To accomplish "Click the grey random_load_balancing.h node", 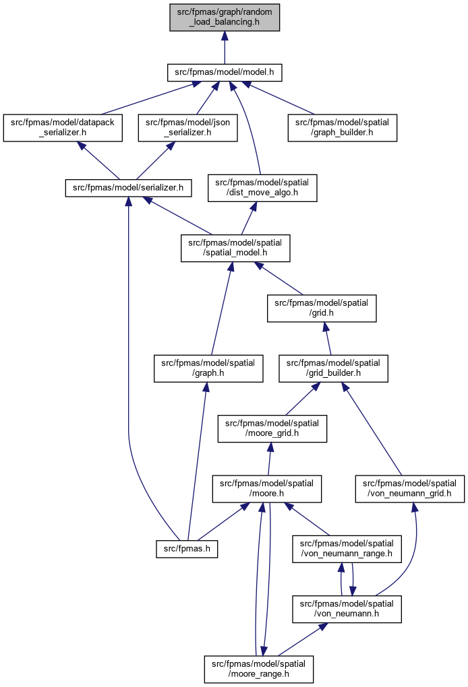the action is tap(225, 17).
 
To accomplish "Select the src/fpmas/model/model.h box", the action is tap(225, 72).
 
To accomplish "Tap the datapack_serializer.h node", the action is tap(63, 127).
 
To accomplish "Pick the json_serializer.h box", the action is tap(187, 127).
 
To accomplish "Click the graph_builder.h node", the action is tap(342, 127).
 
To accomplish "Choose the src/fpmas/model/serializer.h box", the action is tap(129, 188).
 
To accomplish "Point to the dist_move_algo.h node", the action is tap(262, 188).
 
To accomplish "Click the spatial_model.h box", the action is tap(235, 248).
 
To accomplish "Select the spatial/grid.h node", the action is tap(322, 308).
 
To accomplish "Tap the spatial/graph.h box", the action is tap(208, 368).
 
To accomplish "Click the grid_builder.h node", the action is tap(333, 368).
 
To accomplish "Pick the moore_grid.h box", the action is tap(272, 428).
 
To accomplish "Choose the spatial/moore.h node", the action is tap(266, 488).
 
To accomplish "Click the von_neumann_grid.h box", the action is tap(409, 488).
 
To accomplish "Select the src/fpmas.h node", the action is tap(187, 549).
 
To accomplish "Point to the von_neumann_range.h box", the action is tap(347, 548).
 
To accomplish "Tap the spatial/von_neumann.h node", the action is tap(347, 609).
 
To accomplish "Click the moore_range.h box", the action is tap(259, 669).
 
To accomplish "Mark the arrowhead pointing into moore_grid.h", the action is tap(271, 448).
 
